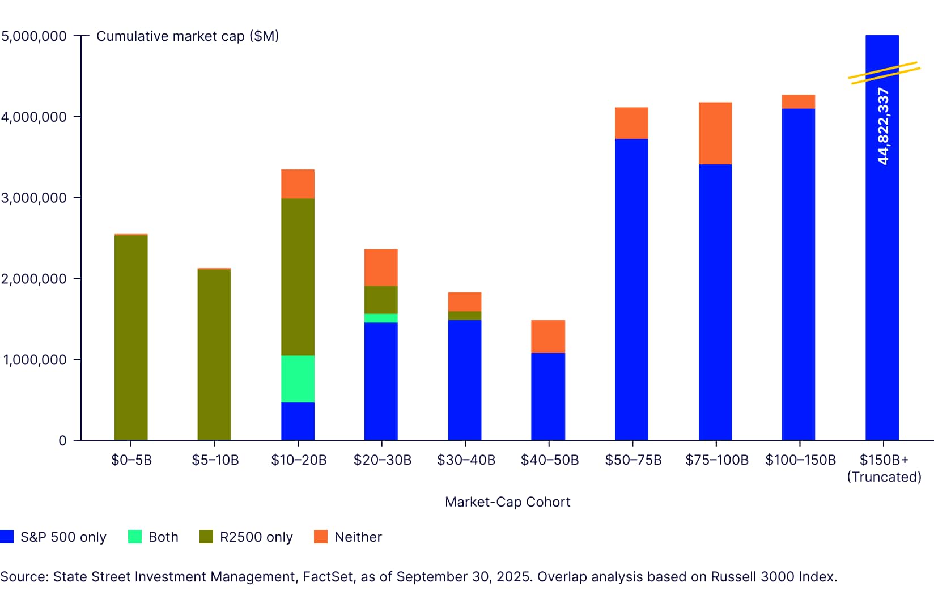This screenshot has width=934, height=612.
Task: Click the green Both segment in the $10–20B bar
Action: pyautogui.click(x=298, y=379)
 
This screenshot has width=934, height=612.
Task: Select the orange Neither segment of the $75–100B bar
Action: pyautogui.click(x=715, y=133)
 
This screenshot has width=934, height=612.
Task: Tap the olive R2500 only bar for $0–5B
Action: pyautogui.click(x=131, y=337)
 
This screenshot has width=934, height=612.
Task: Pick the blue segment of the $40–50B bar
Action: pyautogui.click(x=548, y=396)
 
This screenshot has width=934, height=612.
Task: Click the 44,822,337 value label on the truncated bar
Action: pyautogui.click(x=883, y=126)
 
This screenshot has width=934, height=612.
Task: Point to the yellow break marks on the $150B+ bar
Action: pyautogui.click(x=884, y=73)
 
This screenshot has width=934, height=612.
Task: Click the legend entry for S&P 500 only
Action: pyautogui.click(x=54, y=537)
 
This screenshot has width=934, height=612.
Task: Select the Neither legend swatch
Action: pyautogui.click(x=321, y=537)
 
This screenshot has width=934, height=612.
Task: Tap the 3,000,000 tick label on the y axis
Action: pyautogui.click(x=34, y=198)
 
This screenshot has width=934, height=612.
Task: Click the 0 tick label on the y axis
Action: pyautogui.click(x=62, y=441)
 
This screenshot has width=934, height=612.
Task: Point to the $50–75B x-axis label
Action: pyautogui.click(x=633, y=460)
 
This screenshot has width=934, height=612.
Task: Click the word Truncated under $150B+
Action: pyautogui.click(x=884, y=477)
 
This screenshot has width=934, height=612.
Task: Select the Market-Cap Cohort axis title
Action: pyautogui.click(x=507, y=502)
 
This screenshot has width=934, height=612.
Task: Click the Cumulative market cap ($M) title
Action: pyautogui.click(x=188, y=36)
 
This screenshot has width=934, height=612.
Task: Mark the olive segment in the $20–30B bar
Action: pyautogui.click(x=381, y=300)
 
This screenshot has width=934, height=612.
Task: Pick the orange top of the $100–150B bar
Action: pyautogui.click(x=798, y=101)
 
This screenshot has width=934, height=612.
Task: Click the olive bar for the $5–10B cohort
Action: pyautogui.click(x=214, y=354)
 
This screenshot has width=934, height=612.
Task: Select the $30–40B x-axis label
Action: pyautogui.click(x=466, y=460)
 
